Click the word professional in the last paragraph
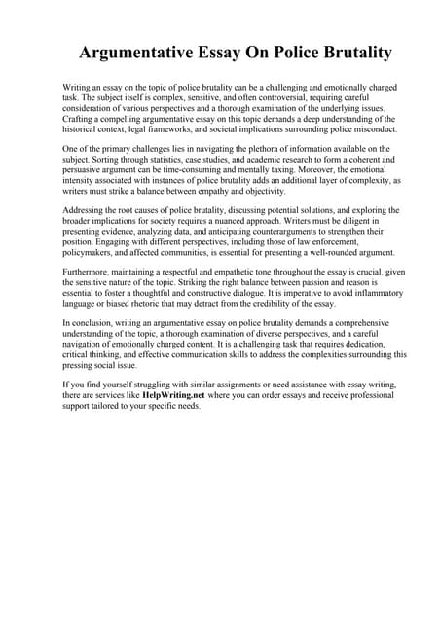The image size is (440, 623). coord(354,397)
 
